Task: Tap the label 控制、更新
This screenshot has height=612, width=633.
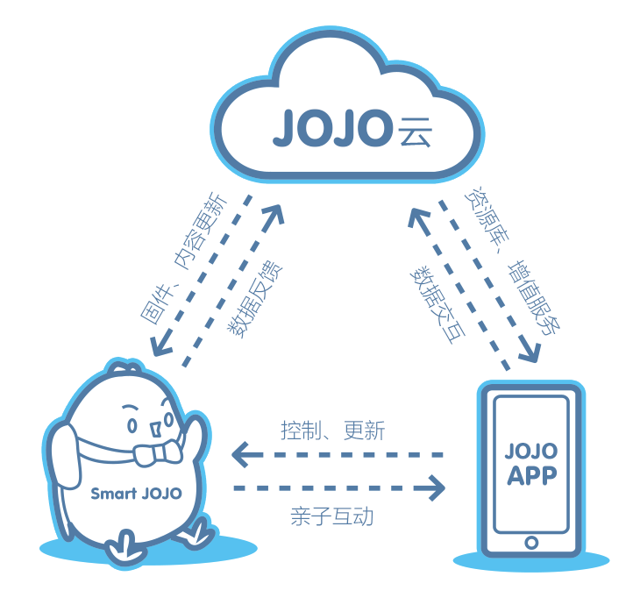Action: tap(332, 431)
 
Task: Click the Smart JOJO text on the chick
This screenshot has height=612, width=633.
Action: tap(136, 493)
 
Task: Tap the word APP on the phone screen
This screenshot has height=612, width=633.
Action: tap(532, 476)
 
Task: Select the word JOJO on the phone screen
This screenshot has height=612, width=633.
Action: tap(532, 452)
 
